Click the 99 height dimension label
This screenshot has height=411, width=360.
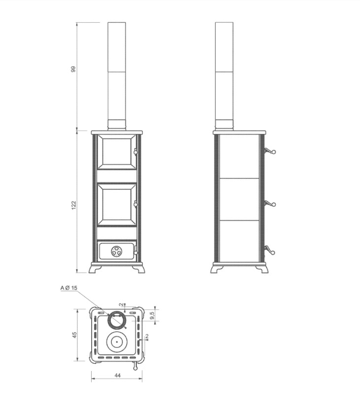click(x=73, y=69)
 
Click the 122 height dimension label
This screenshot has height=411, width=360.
click(x=73, y=205)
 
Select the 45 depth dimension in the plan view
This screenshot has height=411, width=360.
click(x=75, y=335)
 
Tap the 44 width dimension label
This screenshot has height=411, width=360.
click(x=117, y=376)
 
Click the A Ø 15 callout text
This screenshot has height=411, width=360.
click(x=69, y=288)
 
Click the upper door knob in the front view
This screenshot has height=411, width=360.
click(x=135, y=152)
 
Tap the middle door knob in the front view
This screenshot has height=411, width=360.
click(x=135, y=205)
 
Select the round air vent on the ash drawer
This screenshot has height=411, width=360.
click(x=116, y=251)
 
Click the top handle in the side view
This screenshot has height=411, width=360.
click(x=269, y=151)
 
